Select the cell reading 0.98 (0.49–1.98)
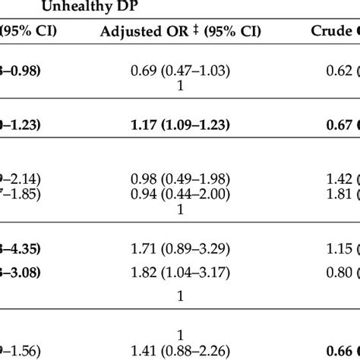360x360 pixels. coord(180,178)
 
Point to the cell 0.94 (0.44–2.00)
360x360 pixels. coord(180,194)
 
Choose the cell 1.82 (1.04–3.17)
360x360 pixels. coord(180,272)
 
